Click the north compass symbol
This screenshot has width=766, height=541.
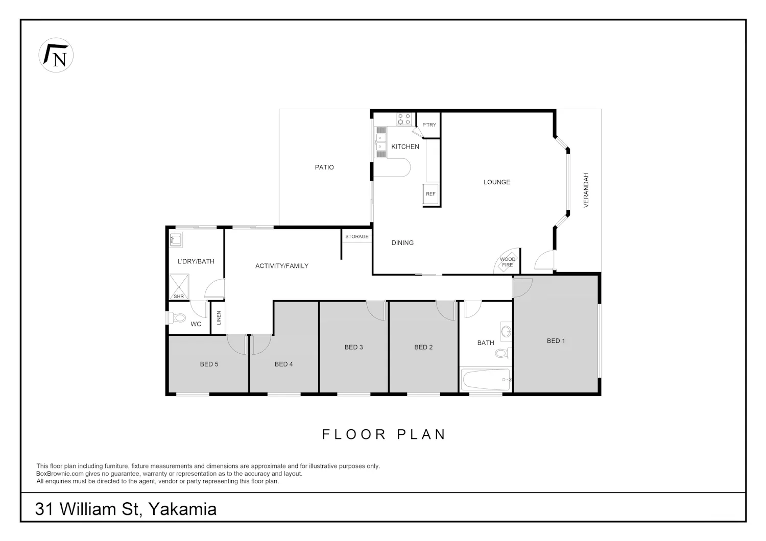click(x=56, y=55)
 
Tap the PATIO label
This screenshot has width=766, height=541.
click(x=324, y=167)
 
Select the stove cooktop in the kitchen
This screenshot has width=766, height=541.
click(x=404, y=119)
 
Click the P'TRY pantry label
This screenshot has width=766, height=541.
click(x=429, y=125)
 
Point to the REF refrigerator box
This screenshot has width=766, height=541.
click(x=430, y=194)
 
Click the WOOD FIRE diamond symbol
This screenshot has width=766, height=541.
click(x=508, y=262)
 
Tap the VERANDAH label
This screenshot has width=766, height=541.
click(x=586, y=190)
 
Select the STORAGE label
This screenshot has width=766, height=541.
click(x=356, y=236)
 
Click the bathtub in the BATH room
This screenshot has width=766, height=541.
click(x=486, y=379)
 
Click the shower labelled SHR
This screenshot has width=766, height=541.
click(x=179, y=287)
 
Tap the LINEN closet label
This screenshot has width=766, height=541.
click(x=219, y=318)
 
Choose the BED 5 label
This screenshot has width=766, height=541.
click(x=209, y=364)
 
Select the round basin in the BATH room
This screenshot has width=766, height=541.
click(x=506, y=331)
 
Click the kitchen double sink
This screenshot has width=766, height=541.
click(x=380, y=142)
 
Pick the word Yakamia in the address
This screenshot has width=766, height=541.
click(x=182, y=509)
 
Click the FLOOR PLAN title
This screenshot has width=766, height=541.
click(x=384, y=434)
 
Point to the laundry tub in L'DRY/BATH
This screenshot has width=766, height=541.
click(x=176, y=239)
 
